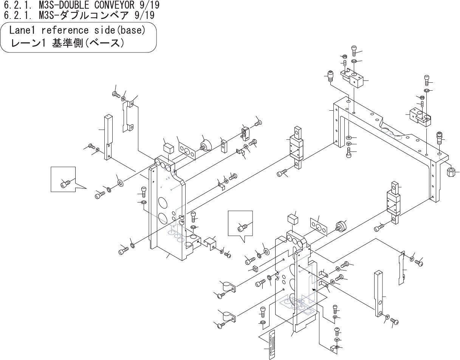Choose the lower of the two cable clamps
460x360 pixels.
click(227, 315)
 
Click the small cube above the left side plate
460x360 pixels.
click(168, 147)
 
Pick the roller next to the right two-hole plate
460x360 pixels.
click(341, 227)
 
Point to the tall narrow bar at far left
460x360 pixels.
click(108, 137)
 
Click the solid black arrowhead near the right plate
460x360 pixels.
click(313, 289)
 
